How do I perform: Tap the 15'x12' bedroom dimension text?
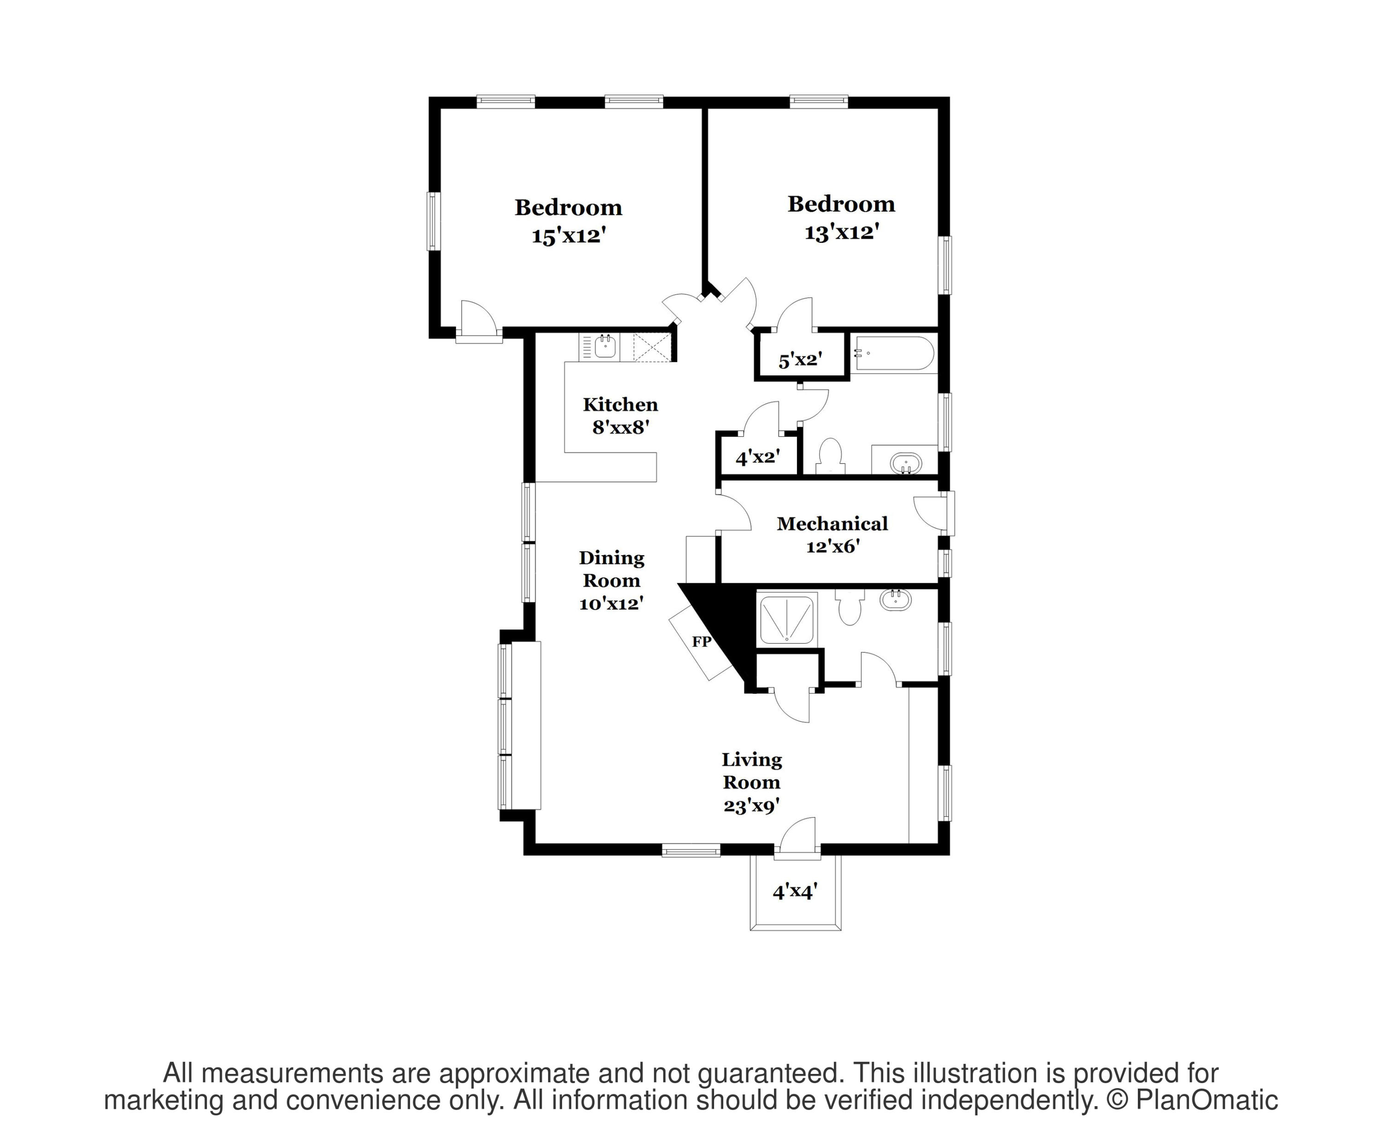click(x=568, y=235)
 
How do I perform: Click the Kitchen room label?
click(x=621, y=404)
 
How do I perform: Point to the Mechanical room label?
click(x=832, y=524)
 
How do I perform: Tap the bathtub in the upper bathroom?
click(x=892, y=353)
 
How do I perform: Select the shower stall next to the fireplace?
click(x=788, y=619)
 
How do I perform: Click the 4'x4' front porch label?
click(x=795, y=891)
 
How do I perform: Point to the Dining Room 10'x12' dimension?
click(x=611, y=603)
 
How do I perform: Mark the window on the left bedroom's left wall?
click(x=433, y=221)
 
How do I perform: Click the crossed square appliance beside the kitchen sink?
click(x=651, y=347)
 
